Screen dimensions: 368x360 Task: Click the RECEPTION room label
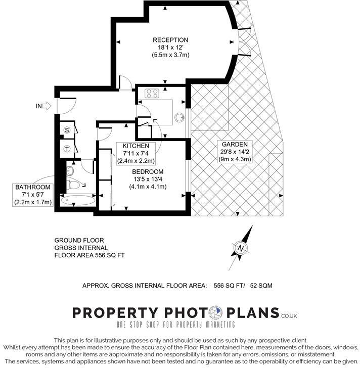(170, 40)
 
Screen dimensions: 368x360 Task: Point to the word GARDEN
(231, 144)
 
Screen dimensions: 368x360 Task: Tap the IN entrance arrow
(44, 106)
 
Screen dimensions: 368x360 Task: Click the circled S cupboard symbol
(67, 130)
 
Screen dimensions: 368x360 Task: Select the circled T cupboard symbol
(67, 149)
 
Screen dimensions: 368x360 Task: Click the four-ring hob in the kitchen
(152, 94)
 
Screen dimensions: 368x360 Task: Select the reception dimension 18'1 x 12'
(170, 48)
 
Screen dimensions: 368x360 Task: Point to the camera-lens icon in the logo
(217, 313)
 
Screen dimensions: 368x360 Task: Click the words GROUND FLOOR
(80, 240)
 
